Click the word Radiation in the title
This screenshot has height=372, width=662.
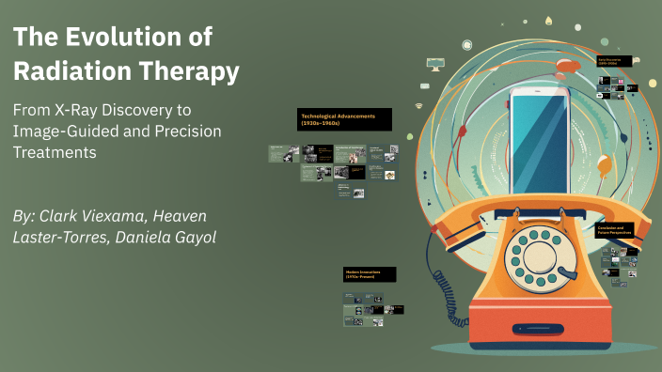(x=61, y=70)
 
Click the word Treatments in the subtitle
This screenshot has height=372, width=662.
(x=55, y=153)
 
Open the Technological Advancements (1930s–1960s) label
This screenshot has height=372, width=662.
(x=344, y=119)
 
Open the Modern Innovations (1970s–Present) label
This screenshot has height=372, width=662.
(x=369, y=274)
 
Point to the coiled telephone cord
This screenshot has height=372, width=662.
(x=442, y=287)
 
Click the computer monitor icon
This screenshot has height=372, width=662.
(x=434, y=63)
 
